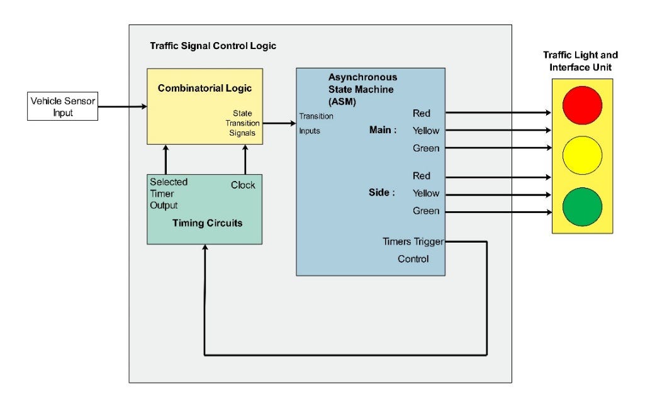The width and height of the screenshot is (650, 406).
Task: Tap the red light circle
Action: (x=583, y=105)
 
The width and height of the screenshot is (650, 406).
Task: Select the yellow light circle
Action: (x=583, y=156)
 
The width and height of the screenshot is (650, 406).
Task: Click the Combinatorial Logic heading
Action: (x=200, y=88)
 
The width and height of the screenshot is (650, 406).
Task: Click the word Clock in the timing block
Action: (x=243, y=185)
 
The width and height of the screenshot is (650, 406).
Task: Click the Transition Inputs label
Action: (x=316, y=123)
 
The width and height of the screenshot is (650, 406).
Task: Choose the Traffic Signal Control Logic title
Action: (x=213, y=46)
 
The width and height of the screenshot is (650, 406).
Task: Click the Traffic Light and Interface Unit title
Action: (x=581, y=62)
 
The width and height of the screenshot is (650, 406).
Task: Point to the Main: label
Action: (x=383, y=131)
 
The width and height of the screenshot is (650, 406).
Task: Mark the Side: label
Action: (x=381, y=193)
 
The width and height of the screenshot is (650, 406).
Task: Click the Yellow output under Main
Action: (x=425, y=131)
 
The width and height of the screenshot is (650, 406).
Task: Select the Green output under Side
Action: (x=425, y=211)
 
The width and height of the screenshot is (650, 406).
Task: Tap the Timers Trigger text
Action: (x=413, y=241)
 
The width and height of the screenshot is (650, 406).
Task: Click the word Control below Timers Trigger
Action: (x=413, y=258)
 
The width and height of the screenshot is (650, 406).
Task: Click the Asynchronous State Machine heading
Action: (x=362, y=88)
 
